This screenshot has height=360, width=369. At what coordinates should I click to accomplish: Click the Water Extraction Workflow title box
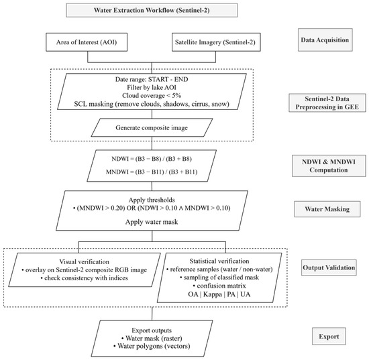pos(152,10)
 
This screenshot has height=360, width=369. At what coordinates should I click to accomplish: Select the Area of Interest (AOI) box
pos(87,42)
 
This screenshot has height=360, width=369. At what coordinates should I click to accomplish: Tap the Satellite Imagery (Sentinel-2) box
pos(216,42)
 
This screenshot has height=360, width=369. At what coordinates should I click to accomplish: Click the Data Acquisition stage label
pos(325,40)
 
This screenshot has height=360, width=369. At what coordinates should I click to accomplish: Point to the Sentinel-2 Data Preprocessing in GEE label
pos(327,103)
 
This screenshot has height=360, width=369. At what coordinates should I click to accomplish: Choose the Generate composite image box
pos(152,127)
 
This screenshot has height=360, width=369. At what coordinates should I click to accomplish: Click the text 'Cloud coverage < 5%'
pos(152,96)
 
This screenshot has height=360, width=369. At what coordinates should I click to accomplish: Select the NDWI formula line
pos(152,159)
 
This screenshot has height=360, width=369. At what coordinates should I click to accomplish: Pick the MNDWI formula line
pos(152,172)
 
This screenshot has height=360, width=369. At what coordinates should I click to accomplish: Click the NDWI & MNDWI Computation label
pos(329,166)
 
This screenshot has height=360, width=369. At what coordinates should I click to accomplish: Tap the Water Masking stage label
pos(327,209)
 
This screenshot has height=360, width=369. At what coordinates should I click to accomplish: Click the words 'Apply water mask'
pos(152,222)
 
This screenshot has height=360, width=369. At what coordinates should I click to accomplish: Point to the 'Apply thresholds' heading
pos(152,200)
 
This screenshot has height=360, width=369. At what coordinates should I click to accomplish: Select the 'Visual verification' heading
pos(85,261)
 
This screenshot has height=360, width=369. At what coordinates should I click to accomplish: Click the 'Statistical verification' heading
pos(219,261)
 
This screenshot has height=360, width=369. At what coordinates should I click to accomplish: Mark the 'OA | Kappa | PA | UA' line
pos(219,294)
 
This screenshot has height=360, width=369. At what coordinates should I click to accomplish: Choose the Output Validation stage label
pos(329,267)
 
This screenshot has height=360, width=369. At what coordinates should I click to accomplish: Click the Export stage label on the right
pos(329,337)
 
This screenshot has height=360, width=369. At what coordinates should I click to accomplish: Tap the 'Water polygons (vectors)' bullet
pos(152,346)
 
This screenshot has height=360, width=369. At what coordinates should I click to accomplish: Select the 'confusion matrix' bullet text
pos(219,286)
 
